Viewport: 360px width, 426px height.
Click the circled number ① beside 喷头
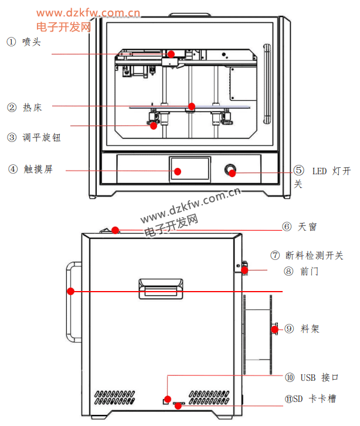(x=12, y=42)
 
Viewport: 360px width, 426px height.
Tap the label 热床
(x=32, y=107)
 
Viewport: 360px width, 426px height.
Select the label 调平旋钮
(x=42, y=138)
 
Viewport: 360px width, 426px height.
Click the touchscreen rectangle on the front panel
(x=190, y=168)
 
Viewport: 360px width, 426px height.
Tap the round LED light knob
(x=232, y=171)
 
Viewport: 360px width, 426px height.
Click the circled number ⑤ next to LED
(x=299, y=171)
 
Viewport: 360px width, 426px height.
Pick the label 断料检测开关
(x=314, y=255)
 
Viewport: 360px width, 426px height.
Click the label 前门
(x=309, y=271)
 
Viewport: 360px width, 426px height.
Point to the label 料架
(x=310, y=329)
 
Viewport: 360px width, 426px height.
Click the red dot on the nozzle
(x=171, y=54)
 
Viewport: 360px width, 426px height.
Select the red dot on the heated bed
(x=191, y=107)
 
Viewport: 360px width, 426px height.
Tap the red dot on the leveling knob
(x=154, y=125)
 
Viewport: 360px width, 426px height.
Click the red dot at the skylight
(x=116, y=230)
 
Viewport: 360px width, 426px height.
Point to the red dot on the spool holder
(x=274, y=329)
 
